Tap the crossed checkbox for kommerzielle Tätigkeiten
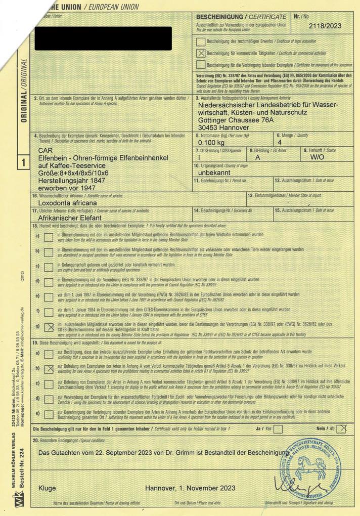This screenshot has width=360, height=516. point(201,53)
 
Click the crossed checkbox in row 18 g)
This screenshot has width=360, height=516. point(49,327)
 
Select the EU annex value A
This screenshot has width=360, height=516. point(257,157)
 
